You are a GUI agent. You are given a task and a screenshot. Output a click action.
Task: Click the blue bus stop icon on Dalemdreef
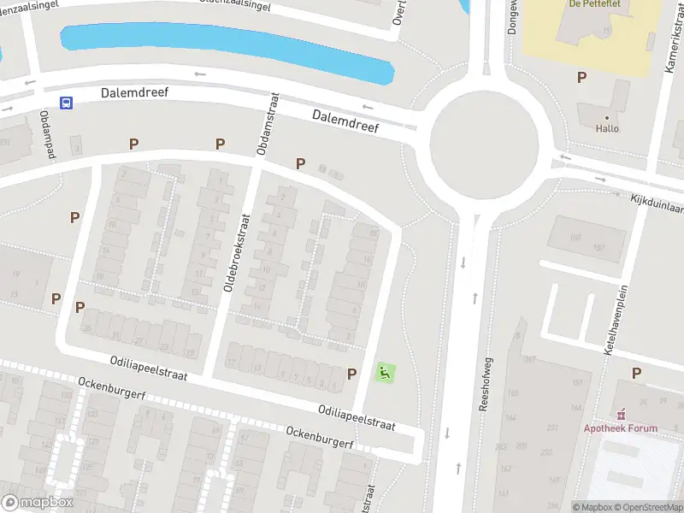tap(66, 103)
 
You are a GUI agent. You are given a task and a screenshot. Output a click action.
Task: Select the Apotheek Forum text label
tap(622, 428)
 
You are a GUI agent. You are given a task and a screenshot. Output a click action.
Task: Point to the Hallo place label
tap(607, 128)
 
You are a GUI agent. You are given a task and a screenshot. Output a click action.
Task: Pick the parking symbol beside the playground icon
tap(351, 374)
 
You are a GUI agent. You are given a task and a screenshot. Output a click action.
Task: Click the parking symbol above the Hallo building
tap(582, 78)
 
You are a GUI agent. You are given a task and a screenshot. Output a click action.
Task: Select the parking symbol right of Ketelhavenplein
tap(636, 373)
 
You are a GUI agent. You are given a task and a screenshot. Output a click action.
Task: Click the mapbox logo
tap(38, 503)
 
